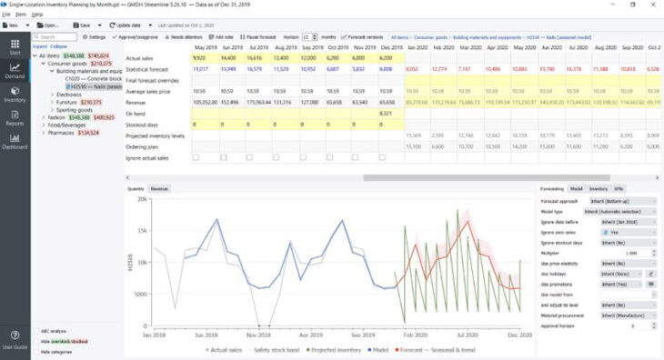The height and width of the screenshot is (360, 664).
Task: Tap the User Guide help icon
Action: point(15,337)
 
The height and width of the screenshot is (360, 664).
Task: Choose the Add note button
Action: point(222,36)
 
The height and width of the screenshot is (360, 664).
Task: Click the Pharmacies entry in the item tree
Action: point(61,132)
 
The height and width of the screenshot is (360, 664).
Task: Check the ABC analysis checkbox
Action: point(35,331)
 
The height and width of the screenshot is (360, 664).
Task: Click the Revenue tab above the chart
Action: point(159,187)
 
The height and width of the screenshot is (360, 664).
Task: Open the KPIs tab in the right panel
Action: point(619,187)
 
